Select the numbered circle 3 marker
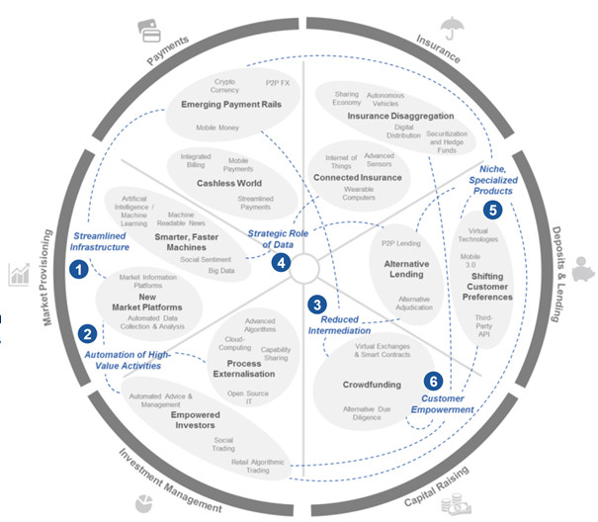(317, 304)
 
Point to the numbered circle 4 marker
(281, 263)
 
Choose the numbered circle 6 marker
(431, 380)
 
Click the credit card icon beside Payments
(152, 36)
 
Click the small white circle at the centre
(303, 266)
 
